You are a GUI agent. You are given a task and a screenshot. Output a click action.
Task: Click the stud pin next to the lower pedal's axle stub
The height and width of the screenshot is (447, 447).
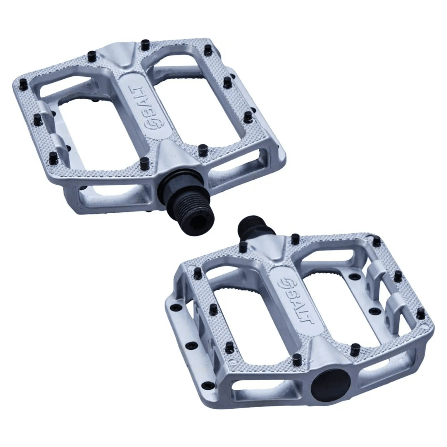243,247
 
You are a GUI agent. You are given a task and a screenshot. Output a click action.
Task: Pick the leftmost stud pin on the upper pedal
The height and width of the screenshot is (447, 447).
38,120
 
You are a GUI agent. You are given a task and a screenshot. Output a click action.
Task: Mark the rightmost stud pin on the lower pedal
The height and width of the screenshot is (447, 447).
421,313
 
